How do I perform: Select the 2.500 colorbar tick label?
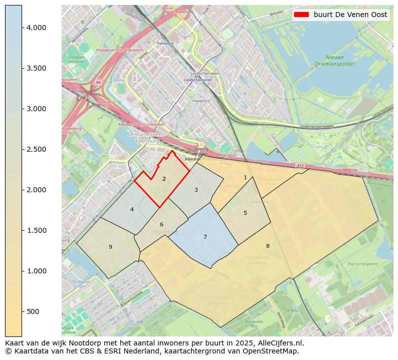point(36,149)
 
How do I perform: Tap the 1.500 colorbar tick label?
point(36,230)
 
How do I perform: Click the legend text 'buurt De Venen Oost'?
point(350,15)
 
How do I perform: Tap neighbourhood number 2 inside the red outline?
point(164,179)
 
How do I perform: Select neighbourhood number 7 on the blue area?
point(205,237)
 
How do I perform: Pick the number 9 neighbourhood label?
point(110,247)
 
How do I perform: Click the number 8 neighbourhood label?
point(268,246)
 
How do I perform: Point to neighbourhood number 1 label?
point(245,177)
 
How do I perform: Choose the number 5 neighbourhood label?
point(245,213)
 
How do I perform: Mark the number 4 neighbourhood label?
point(132,209)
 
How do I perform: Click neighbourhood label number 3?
point(196,190)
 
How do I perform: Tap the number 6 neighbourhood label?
point(161,224)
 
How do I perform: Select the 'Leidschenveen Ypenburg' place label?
point(146,138)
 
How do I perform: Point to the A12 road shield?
point(300,166)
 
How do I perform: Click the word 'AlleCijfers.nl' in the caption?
point(279,343)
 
